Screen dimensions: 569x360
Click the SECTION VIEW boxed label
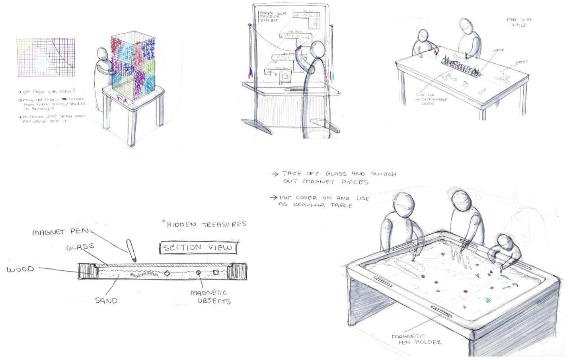pos(198,248)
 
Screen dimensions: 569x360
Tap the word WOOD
pos(20,269)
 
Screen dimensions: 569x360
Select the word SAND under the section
pos(106,301)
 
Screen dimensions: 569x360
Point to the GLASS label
pos(80,247)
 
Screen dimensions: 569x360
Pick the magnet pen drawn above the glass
pos(131,250)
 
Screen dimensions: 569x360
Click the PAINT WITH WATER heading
pos(519,22)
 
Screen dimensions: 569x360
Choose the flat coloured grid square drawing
pos(46,58)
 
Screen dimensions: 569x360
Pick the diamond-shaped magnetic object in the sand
pos(167,273)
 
